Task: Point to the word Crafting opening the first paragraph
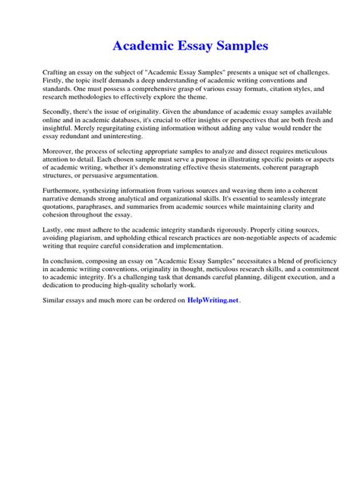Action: (x=55, y=71)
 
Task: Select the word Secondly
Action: (x=58, y=112)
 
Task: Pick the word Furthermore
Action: (x=64, y=193)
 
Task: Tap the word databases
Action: (x=140, y=121)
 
